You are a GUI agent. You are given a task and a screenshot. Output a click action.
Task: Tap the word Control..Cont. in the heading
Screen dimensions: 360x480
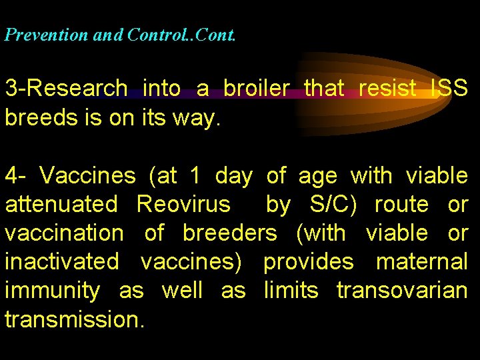179,35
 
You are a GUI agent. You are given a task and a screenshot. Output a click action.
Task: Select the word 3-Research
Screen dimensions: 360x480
66,88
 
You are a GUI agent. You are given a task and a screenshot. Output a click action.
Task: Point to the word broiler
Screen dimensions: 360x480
257,87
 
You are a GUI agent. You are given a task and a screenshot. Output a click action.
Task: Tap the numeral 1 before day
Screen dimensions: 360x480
195,176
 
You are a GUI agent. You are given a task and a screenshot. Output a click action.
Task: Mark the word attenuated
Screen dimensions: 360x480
61,205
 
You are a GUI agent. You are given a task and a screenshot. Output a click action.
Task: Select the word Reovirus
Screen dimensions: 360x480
183,205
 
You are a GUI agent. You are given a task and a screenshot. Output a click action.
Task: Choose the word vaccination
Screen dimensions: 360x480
64,233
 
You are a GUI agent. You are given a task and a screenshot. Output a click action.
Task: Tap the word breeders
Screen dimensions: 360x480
229,233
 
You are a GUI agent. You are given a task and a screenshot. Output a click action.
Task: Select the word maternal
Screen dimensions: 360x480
422,262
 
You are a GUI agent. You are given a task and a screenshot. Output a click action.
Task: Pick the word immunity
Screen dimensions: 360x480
53,291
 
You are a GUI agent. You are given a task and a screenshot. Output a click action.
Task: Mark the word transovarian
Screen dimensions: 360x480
402,291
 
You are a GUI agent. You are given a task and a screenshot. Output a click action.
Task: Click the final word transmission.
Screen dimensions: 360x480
74,319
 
